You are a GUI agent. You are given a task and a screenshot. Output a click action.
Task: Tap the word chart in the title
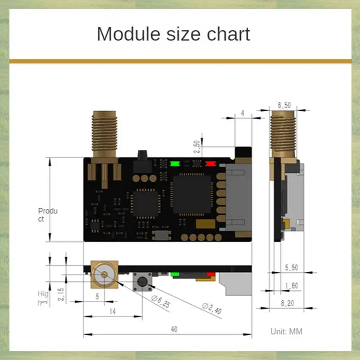pyautogui.click(x=229, y=34)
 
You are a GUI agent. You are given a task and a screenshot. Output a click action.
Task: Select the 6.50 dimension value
pyautogui.click(x=284, y=105)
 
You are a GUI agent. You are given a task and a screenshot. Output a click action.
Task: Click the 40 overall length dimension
pyautogui.click(x=174, y=329)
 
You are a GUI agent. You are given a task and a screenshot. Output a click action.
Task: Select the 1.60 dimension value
pyautogui.click(x=292, y=285)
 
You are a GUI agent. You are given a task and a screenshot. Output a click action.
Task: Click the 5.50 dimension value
pyautogui.click(x=291, y=267)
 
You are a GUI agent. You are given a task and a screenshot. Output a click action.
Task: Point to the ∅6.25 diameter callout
pyautogui.click(x=161, y=301)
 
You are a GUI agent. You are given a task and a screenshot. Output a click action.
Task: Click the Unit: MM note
pyautogui.click(x=286, y=332)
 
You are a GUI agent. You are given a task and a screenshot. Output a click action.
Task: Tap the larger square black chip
pyautogui.click(x=191, y=194)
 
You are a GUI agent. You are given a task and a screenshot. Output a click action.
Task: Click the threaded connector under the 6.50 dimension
pyautogui.click(x=283, y=133)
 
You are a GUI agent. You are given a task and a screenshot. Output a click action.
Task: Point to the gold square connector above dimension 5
pyautogui.click(x=104, y=274)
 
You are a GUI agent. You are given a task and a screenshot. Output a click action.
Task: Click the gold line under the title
pyautogui.click(x=180, y=61)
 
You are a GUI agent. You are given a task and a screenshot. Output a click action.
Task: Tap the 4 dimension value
pyautogui.click(x=243, y=113)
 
